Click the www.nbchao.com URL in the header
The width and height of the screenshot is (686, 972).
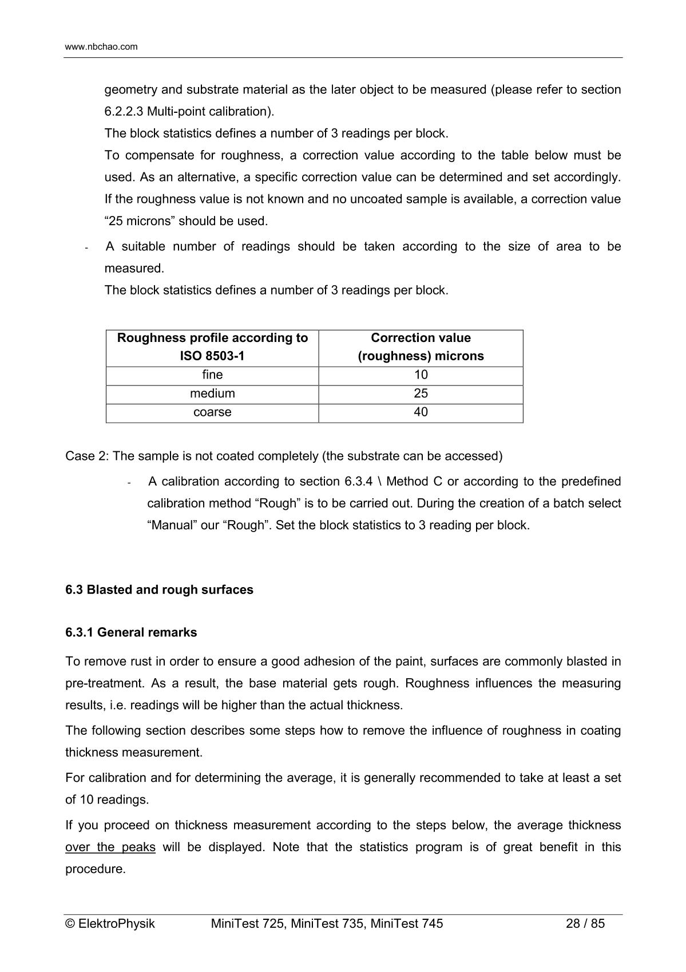tap(101, 47)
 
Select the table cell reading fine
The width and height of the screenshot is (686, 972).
tap(212, 375)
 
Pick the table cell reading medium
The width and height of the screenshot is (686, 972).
tap(212, 394)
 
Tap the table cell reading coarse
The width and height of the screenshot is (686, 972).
tap(212, 412)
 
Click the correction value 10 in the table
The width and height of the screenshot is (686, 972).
tap(421, 375)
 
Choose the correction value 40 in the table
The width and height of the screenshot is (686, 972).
tap(421, 412)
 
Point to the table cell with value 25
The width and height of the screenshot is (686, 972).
tap(421, 394)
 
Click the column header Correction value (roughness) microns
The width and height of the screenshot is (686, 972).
tap(421, 347)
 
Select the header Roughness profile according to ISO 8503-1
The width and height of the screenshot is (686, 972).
tap(212, 347)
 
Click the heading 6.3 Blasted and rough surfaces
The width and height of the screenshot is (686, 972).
tap(159, 590)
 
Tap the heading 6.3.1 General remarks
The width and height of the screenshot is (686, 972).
tap(131, 633)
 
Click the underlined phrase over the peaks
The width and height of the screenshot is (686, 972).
tap(110, 847)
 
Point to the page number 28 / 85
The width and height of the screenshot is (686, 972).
tap(585, 924)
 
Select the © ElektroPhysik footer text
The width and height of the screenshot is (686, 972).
tap(110, 924)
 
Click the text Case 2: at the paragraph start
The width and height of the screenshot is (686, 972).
tap(87, 457)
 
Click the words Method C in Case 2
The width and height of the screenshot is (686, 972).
tap(411, 482)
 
